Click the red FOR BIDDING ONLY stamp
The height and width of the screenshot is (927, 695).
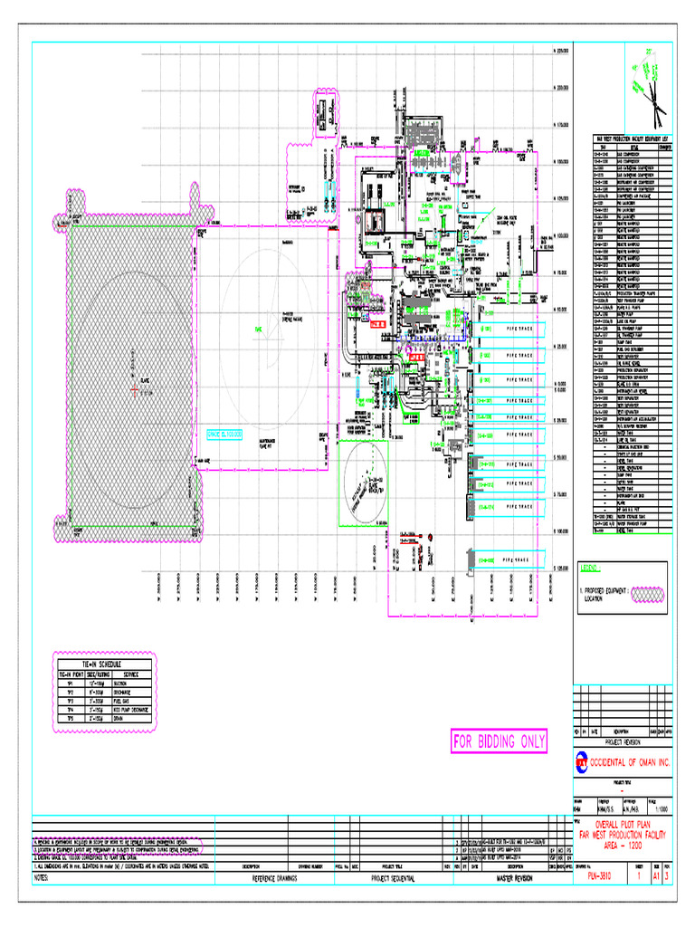500,742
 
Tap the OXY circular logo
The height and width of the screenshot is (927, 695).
581,764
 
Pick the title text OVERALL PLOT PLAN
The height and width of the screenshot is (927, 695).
623,825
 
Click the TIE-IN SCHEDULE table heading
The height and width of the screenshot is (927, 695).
103,665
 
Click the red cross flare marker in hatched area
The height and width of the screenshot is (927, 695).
134,389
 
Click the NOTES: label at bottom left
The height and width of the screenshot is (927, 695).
47,878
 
